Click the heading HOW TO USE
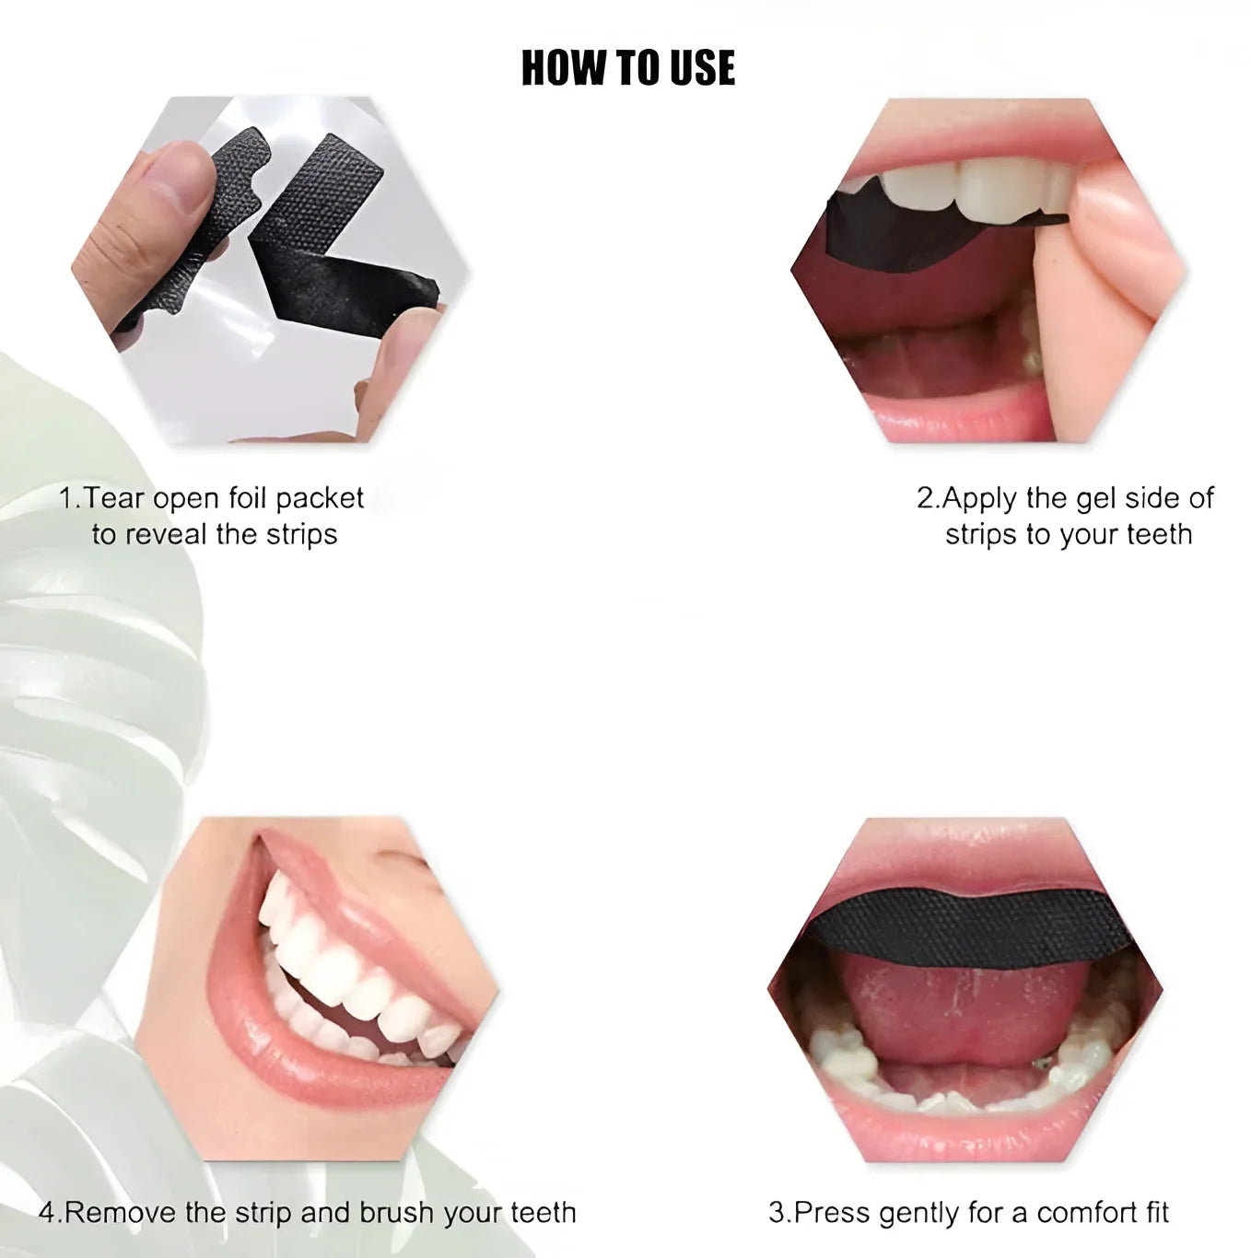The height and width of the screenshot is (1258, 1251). (627, 68)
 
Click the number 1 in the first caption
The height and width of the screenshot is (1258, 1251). (67, 499)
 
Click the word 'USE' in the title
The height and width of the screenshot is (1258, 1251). (703, 68)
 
